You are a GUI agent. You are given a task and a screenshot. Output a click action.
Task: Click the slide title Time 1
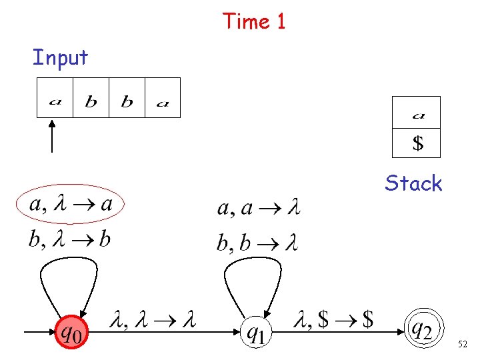pos(254,21)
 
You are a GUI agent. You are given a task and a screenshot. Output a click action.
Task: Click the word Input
pos(60,58)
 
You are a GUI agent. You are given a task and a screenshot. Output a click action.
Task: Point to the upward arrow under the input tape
pos(52,137)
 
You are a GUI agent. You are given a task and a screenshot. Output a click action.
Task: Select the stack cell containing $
pos(417,143)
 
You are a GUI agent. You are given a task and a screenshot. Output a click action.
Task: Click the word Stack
pos(413,183)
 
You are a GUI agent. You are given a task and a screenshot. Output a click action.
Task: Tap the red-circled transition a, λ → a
pos(71,204)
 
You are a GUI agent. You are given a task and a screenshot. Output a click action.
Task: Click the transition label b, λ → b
pos(69,239)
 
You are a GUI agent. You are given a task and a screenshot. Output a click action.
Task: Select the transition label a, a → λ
pos(259,209)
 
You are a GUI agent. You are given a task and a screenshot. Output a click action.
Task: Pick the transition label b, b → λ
pos(257,243)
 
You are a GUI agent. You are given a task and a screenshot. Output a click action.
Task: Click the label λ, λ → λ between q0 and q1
pos(153,322)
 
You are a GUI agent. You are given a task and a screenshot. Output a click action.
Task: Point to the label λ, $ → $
pos(333,321)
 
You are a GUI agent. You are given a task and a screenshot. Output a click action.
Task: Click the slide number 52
pos(463,344)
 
